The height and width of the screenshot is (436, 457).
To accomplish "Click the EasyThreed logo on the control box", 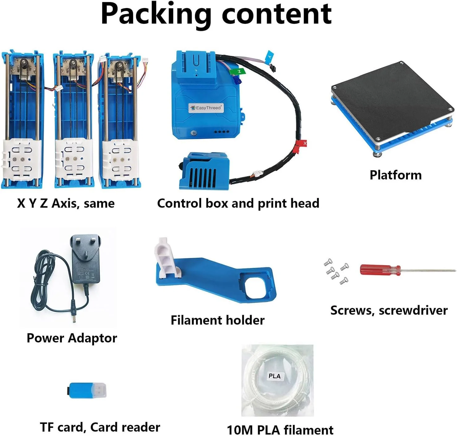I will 206,108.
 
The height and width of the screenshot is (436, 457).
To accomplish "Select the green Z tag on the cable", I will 238,71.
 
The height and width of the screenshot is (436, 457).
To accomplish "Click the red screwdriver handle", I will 380,270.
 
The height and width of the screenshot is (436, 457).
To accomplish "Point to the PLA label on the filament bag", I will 275,376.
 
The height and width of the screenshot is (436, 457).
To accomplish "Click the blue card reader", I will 88,391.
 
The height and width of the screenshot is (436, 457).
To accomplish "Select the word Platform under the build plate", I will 395,175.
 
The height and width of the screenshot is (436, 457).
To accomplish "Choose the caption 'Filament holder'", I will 217,320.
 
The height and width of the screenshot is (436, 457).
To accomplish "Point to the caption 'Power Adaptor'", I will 72,338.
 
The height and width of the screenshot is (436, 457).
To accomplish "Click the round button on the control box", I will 194,133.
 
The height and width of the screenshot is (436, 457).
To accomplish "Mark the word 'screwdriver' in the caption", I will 413,310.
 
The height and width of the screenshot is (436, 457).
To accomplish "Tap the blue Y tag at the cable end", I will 270,56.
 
